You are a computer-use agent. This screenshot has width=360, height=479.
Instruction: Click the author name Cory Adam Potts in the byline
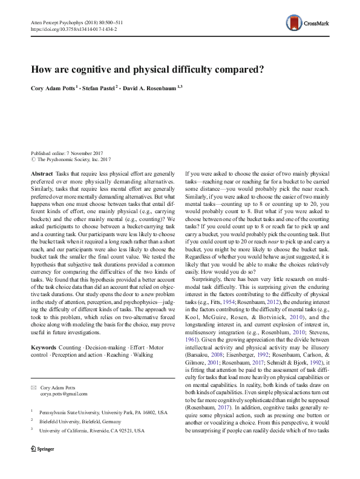tap(53, 87)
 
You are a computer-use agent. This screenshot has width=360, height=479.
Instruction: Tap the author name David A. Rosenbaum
tap(148, 87)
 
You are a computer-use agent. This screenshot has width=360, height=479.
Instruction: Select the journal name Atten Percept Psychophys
tap(55, 21)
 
